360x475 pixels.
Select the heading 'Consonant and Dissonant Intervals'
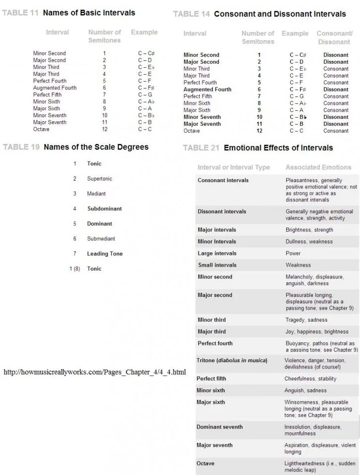pyautogui.click(x=280, y=14)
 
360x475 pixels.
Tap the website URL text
pyautogui.click(x=95, y=372)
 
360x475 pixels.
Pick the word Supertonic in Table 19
pyautogui.click(x=100, y=179)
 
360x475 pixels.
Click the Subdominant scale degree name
pyautogui.click(x=104, y=209)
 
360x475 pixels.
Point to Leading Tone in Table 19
pyautogui.click(x=104, y=254)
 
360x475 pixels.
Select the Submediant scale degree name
pyautogui.click(x=101, y=238)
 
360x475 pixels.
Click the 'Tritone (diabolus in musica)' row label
pyautogui.click(x=232, y=360)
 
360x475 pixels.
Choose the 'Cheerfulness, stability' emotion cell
pyautogui.click(x=310, y=379)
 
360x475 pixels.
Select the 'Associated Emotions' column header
pyautogui.click(x=318, y=167)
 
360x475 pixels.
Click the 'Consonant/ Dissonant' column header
pyautogui.click(x=334, y=38)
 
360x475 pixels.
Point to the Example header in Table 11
pyautogui.click(x=144, y=33)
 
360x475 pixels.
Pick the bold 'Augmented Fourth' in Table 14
pyautogui.click(x=207, y=90)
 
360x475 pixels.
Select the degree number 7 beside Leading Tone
pyautogui.click(x=75, y=254)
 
